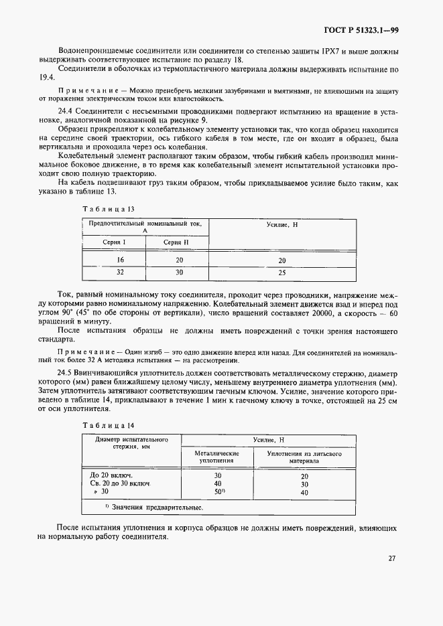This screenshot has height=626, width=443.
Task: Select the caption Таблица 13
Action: point(103,209)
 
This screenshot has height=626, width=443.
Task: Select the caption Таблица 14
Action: point(103,425)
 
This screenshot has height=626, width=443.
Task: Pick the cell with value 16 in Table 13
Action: point(121,260)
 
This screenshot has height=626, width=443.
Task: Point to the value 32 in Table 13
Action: point(121,272)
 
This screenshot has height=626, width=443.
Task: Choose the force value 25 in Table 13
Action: point(281,273)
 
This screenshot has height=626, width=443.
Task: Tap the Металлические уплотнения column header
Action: point(217,457)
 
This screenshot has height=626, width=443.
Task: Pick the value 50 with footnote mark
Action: point(218,492)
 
